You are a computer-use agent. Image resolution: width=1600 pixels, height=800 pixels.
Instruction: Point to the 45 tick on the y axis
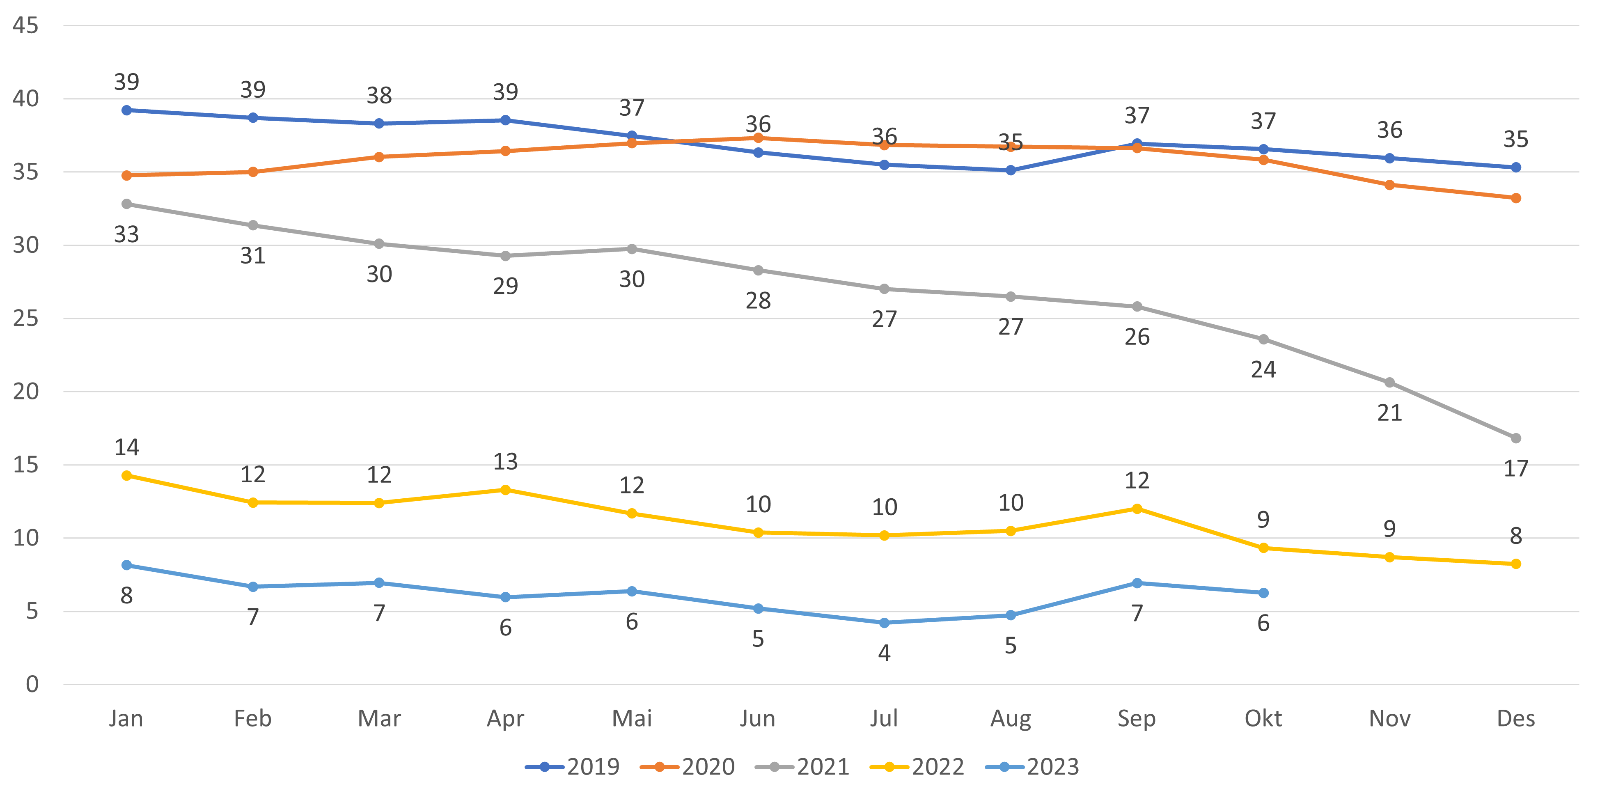(x=25, y=25)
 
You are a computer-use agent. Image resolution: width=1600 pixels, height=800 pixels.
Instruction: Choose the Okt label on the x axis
(x=1263, y=719)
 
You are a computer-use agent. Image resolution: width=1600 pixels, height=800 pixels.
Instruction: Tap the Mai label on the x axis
(x=632, y=719)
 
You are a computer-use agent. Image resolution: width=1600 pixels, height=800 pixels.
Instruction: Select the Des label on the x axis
(x=1515, y=719)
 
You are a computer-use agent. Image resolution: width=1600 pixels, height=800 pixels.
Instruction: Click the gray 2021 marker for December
(x=1515, y=438)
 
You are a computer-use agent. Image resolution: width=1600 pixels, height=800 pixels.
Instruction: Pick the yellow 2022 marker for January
(x=127, y=475)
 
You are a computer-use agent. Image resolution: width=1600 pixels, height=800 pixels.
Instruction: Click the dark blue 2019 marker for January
(x=127, y=110)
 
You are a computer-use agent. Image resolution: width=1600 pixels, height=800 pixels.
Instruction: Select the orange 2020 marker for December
(x=1515, y=198)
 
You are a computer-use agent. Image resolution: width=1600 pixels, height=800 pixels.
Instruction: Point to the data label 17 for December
(x=1515, y=469)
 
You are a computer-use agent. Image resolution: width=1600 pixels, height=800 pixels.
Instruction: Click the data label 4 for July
(x=884, y=653)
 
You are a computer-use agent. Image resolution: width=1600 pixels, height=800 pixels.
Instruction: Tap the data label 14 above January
(x=127, y=447)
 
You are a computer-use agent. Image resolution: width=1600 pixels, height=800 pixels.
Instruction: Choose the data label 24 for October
(x=1263, y=369)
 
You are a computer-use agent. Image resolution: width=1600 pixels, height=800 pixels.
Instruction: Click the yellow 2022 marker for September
(x=1137, y=509)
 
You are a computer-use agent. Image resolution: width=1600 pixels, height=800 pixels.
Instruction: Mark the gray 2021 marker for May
(x=632, y=248)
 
